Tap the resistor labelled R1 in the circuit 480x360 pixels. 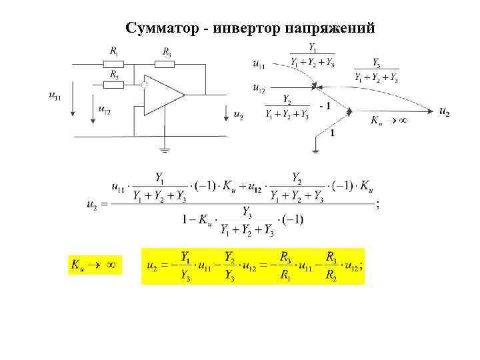pos(114,64)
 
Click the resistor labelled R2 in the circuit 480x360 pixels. pos(114,85)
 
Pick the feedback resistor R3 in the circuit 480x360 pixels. pos(165,64)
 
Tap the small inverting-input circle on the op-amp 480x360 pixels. pos(143,85)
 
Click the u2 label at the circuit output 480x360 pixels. pos(238,115)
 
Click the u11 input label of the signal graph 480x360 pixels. pos(259,65)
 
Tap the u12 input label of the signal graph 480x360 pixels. pos(259,87)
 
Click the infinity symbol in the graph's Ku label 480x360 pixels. pos(403,121)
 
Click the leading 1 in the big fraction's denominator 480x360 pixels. pos(185,219)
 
